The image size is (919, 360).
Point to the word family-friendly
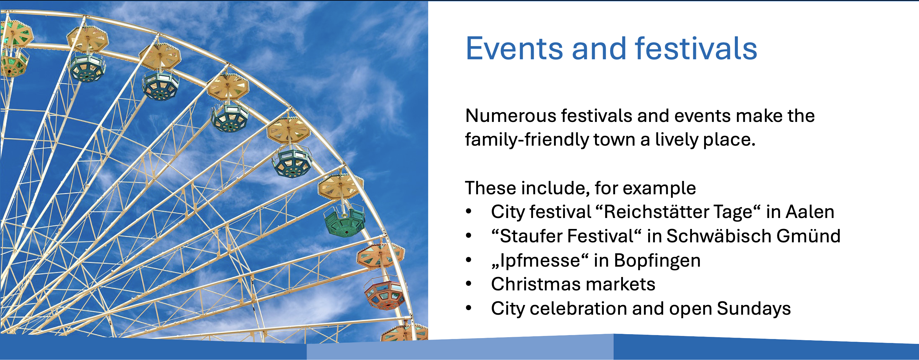coord(527,140)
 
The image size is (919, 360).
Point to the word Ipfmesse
coord(540,261)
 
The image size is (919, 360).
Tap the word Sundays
coord(753,309)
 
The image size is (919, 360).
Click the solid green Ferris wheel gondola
coord(345,221)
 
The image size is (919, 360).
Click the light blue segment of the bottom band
coord(460,348)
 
